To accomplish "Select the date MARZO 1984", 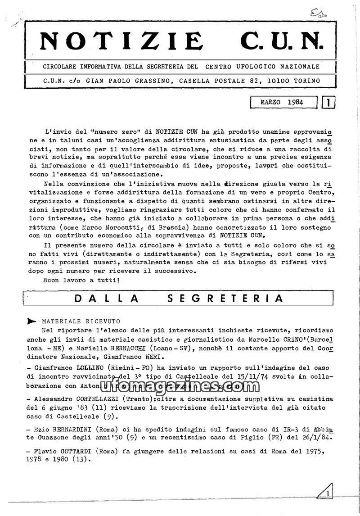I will (282, 103).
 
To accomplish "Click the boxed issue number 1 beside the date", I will (329, 103).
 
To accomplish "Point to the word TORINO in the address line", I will (304, 81).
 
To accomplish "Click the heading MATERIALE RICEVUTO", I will (81, 321).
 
